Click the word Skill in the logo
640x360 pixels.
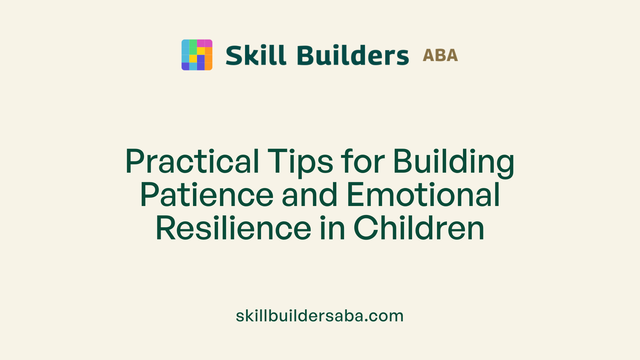pyautogui.click(x=256, y=55)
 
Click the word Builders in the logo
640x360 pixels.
pyautogui.click(x=353, y=55)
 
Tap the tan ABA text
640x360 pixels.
pyautogui.click(x=440, y=55)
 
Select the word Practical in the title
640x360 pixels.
pyautogui.click(x=192, y=162)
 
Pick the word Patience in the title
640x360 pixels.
pyautogui.click(x=207, y=195)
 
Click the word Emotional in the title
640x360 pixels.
pyautogui.click(x=423, y=195)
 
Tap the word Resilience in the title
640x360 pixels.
pyautogui.click(x=233, y=228)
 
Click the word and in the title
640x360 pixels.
pyautogui.click(x=310, y=195)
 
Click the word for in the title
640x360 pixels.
pyautogui.click(x=363, y=162)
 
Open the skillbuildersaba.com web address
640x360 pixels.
pyautogui.click(x=320, y=316)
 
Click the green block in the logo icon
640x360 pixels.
pyautogui.click(x=193, y=47)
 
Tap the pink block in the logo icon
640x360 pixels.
pyautogui.click(x=204, y=43)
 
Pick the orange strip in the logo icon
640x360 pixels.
pyautogui.click(x=208, y=59)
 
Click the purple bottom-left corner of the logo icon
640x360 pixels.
pyautogui.click(x=185, y=66)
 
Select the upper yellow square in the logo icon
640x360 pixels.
pyautogui.click(x=201, y=51)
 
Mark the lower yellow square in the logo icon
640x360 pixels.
pyautogui.click(x=193, y=59)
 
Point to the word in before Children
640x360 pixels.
pyautogui.click(x=332, y=228)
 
